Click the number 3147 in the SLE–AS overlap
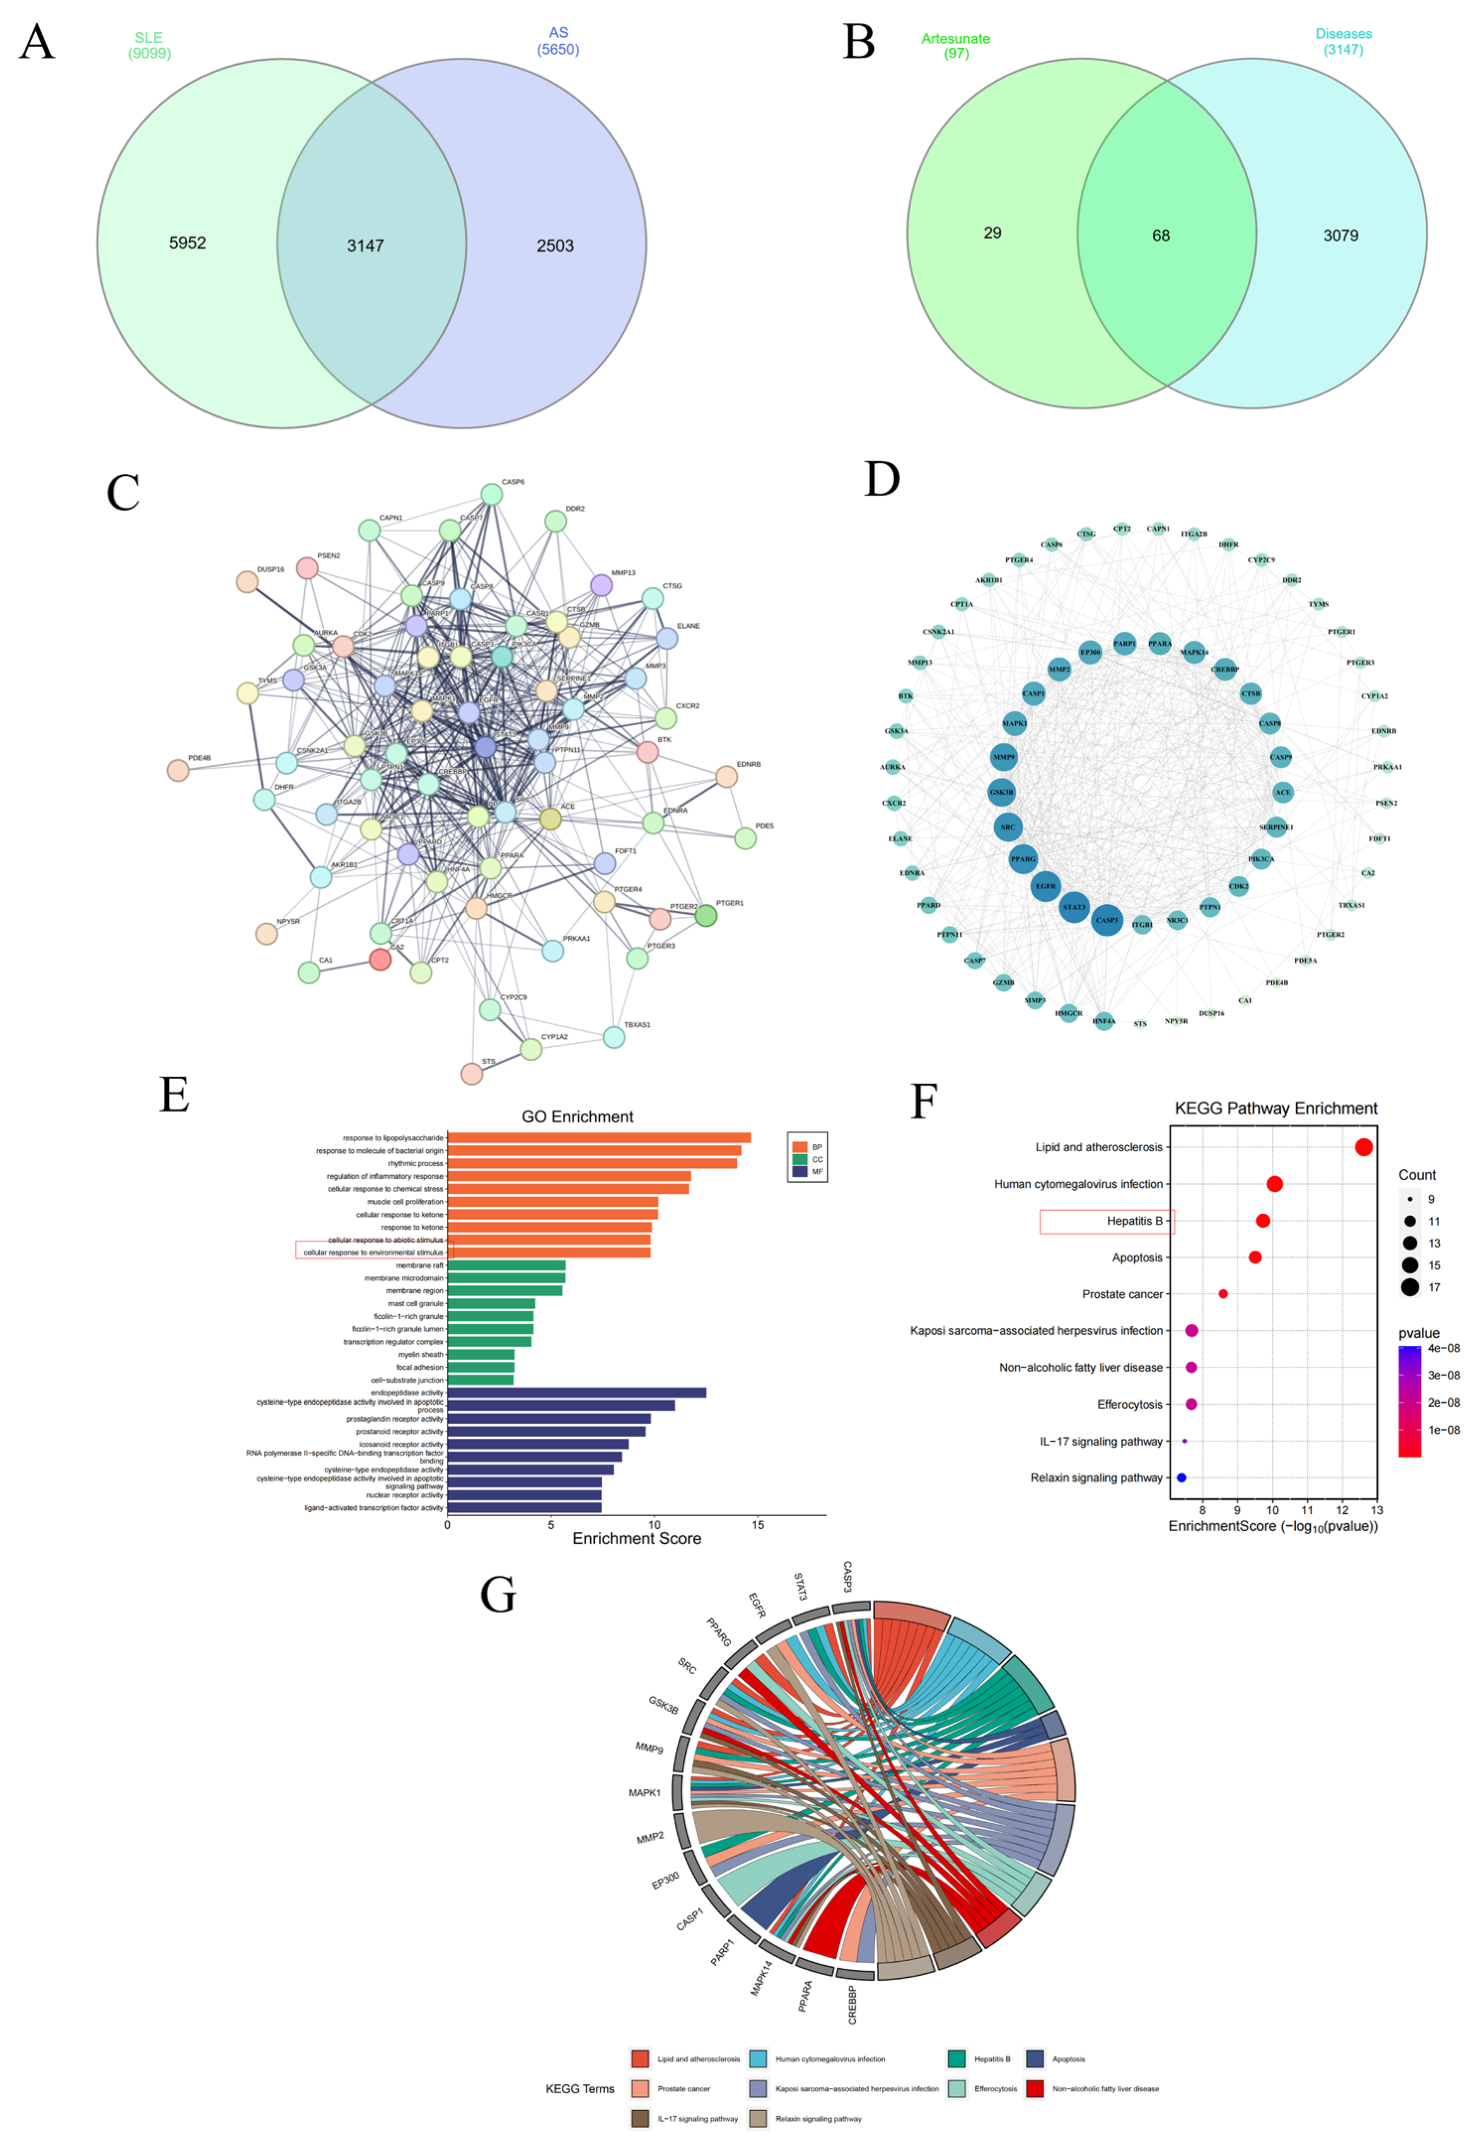click(x=365, y=246)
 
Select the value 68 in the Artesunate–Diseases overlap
click(x=1161, y=236)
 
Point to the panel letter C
click(x=123, y=493)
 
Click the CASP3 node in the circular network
click(x=1107, y=920)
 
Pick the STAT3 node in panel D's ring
click(x=1074, y=907)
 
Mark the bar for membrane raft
click(x=506, y=1265)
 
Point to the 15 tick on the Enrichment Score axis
click(x=758, y=1524)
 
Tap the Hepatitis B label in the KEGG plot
click(x=1134, y=1221)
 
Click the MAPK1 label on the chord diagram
click(x=644, y=1792)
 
